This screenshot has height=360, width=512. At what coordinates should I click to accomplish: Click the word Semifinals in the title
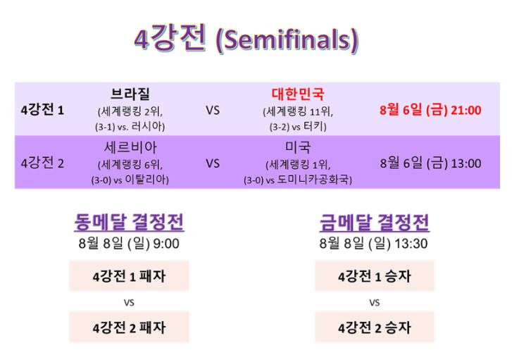(287, 40)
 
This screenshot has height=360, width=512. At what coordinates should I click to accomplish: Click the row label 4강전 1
(42, 110)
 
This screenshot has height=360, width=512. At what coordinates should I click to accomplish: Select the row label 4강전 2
(42, 163)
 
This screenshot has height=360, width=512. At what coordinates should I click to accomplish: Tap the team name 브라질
(130, 94)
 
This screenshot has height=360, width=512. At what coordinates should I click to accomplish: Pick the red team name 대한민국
(298, 94)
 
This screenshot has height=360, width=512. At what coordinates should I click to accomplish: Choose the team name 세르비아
(130, 147)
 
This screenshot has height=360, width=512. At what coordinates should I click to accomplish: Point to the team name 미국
(298, 147)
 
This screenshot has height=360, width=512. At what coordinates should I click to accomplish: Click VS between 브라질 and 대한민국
(213, 111)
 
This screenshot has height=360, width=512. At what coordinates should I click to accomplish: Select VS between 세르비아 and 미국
(213, 163)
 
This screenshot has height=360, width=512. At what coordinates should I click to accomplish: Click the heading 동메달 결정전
(129, 222)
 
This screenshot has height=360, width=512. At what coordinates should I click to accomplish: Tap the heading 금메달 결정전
(375, 222)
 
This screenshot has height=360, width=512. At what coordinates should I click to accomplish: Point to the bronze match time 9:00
(166, 244)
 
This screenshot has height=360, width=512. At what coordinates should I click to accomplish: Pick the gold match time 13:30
(411, 244)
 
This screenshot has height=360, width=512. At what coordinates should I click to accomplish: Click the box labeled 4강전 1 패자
(129, 276)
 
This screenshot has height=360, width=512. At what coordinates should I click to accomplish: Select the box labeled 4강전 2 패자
(129, 327)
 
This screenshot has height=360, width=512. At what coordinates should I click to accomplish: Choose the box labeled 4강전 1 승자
(375, 276)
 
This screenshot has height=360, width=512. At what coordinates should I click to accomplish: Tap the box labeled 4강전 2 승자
(375, 327)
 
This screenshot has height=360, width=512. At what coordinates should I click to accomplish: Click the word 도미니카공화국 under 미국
(313, 180)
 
